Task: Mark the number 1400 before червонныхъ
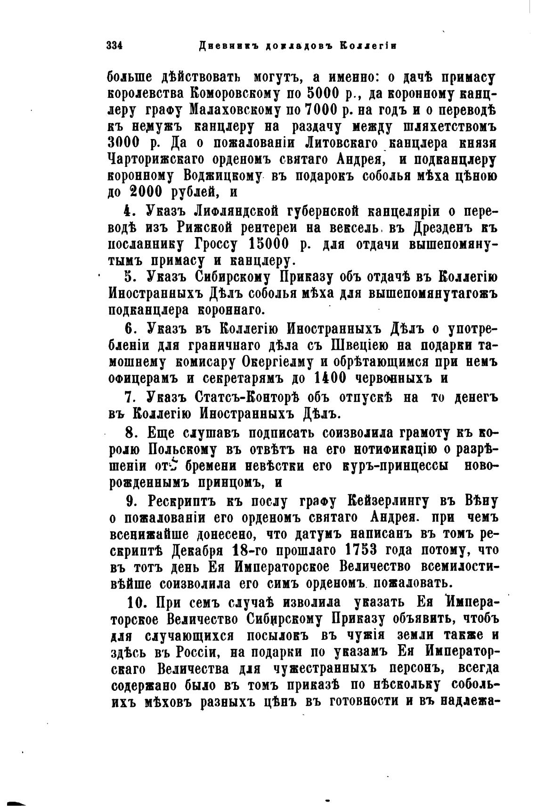point(328,378)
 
